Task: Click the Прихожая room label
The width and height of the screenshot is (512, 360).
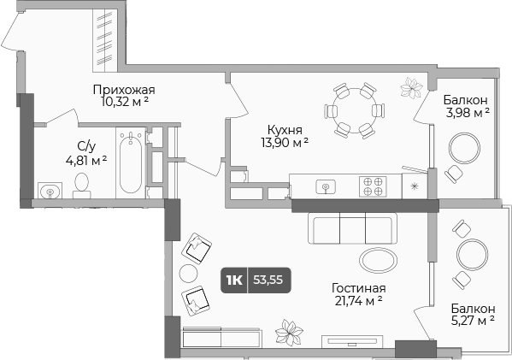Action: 123,89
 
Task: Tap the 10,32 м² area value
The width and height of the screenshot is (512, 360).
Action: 123,102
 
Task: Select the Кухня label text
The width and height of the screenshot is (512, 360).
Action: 282,129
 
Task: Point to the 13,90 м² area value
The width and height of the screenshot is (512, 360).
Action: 282,142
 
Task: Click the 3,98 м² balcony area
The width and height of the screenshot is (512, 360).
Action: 466,112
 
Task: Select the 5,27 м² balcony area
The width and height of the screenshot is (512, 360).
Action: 473,322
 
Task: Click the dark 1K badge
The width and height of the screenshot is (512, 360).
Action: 233,280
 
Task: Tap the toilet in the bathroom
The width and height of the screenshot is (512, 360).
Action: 82,184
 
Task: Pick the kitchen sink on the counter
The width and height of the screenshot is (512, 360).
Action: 325,186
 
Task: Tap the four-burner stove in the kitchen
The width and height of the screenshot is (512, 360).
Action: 373,186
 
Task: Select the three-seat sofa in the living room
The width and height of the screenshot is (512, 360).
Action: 352,228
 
